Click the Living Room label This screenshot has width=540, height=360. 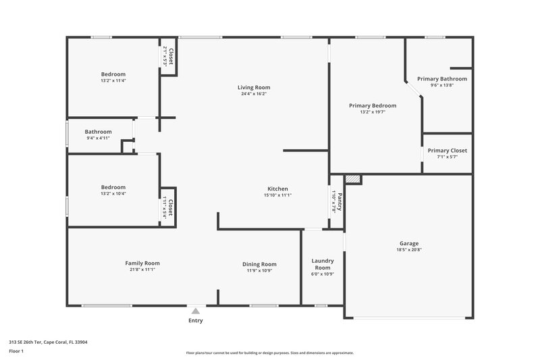(x=254, y=87)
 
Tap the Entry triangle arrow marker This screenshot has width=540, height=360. (x=196, y=311)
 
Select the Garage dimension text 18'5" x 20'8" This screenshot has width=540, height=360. (x=409, y=250)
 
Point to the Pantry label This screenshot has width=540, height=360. (x=340, y=201)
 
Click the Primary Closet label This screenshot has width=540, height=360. (x=447, y=151)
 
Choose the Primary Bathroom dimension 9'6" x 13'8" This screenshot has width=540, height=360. (x=441, y=86)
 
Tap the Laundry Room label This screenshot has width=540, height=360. (x=323, y=263)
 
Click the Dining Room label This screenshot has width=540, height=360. (x=260, y=264)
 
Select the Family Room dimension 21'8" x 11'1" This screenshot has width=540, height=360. (x=142, y=269)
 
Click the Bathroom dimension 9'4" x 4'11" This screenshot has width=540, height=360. (x=98, y=138)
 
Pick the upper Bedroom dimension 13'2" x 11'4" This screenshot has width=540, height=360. (x=113, y=80)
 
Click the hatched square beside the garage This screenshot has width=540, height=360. (x=353, y=179)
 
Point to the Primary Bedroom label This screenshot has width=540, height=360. (x=373, y=105)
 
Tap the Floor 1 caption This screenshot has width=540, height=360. (x=16, y=352)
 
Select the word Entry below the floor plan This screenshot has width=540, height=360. (x=196, y=321)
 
